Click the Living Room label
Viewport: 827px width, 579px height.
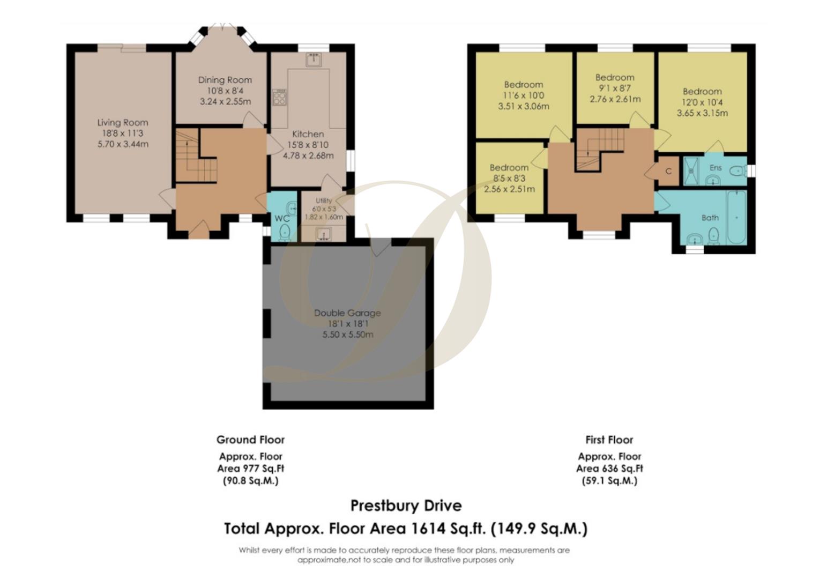click(123, 122)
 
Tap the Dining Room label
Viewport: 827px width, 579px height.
click(225, 80)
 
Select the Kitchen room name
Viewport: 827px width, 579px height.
click(308, 134)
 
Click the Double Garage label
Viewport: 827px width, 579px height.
click(347, 313)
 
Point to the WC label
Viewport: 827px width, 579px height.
click(281, 219)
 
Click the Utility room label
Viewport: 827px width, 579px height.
click(324, 201)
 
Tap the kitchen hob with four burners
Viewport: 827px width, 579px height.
click(279, 97)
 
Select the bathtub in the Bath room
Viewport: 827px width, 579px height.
click(736, 217)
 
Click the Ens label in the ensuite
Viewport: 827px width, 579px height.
click(716, 167)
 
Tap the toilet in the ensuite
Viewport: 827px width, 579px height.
click(738, 171)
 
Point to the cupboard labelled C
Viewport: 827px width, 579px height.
click(668, 172)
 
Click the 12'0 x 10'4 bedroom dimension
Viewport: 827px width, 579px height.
click(702, 102)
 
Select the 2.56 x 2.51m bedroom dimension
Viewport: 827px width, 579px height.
click(509, 189)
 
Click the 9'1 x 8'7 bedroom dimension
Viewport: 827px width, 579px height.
click(615, 88)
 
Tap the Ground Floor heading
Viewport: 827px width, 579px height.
click(250, 440)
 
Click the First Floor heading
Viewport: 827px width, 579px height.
click(609, 440)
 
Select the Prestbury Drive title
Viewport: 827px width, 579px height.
click(406, 506)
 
